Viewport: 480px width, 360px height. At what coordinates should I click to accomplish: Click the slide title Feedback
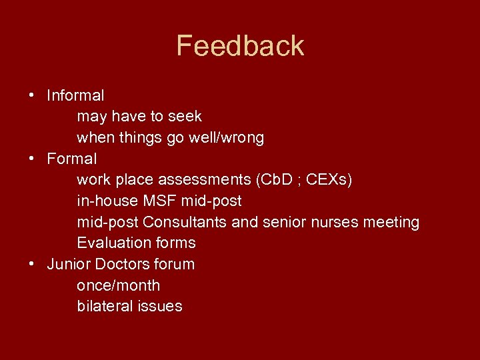(x=240, y=46)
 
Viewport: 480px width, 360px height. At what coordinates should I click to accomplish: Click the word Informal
(x=75, y=95)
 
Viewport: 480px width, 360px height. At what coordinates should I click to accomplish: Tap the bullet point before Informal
(x=32, y=95)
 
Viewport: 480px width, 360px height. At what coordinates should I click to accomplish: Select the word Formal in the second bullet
(x=71, y=159)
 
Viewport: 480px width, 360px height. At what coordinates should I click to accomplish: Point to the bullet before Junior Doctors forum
(x=32, y=264)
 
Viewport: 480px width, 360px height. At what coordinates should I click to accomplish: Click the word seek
(x=185, y=117)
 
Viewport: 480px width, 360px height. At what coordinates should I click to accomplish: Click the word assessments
(x=201, y=180)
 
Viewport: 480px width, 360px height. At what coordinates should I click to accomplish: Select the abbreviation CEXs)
(x=329, y=180)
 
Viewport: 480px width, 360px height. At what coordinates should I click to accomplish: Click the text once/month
(x=118, y=285)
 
